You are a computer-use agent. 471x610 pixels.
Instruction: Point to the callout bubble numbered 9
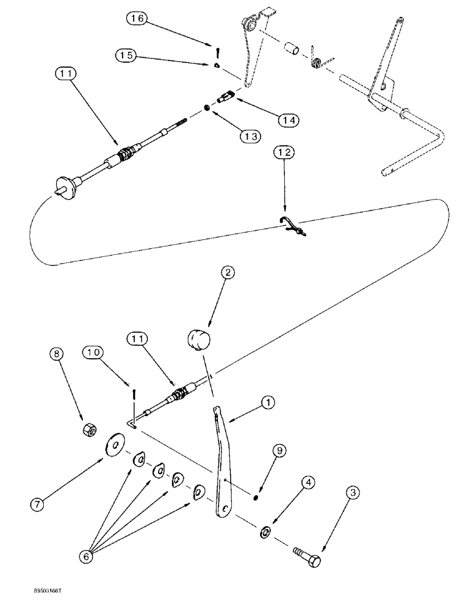coord(279,451)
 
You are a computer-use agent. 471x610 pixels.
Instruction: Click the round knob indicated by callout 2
coord(199,339)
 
